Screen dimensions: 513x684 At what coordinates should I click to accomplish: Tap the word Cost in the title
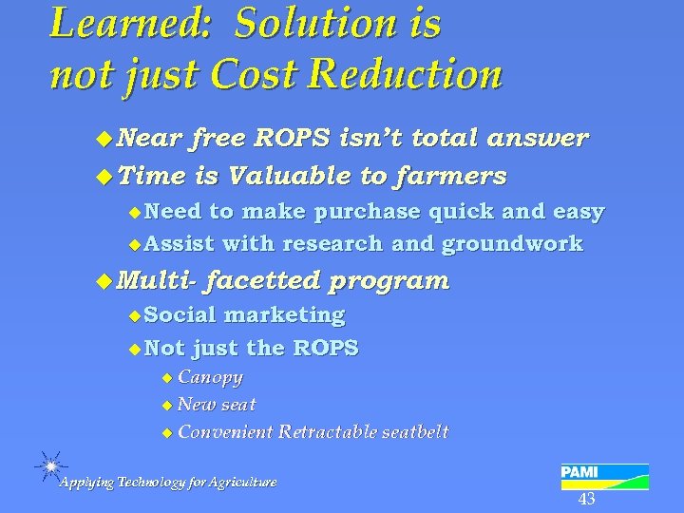coord(251,73)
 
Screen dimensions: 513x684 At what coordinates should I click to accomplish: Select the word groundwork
coord(512,244)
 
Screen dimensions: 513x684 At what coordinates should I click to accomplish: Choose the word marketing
coord(284,314)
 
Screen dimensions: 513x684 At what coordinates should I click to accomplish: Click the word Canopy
coord(210,377)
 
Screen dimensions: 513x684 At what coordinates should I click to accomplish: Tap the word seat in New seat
coord(237,405)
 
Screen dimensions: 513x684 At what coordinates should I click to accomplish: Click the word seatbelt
coord(414,432)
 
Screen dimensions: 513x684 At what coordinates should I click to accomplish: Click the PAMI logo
coord(604,475)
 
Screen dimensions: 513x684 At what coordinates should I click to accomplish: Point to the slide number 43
coord(586,500)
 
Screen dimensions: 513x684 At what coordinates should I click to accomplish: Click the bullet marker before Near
coord(104,140)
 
